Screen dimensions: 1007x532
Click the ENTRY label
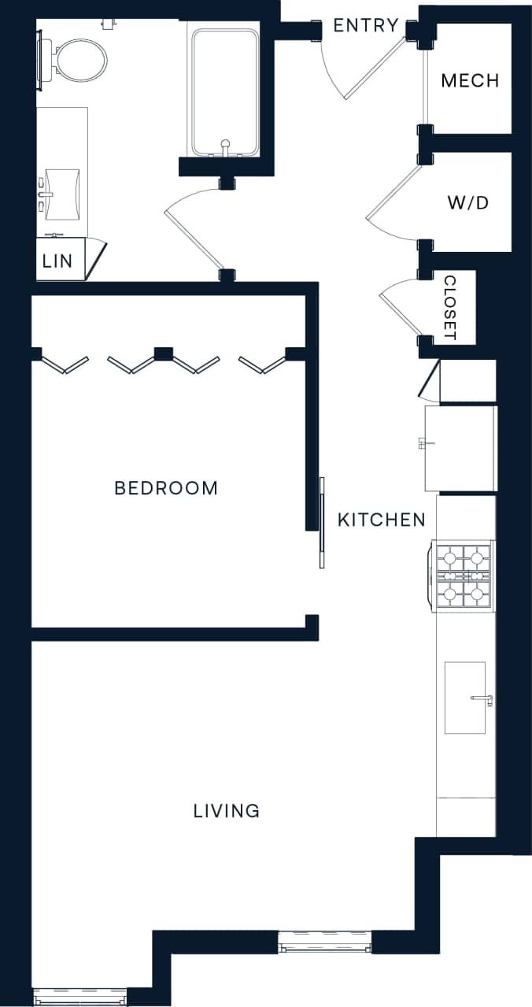tap(365, 25)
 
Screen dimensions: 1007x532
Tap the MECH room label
tap(470, 80)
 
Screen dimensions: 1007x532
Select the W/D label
tap(468, 202)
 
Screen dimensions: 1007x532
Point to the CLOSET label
tap(450, 307)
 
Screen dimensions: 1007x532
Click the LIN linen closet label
tap(57, 261)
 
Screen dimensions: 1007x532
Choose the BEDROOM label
tap(166, 488)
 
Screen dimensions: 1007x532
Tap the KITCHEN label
tap(382, 520)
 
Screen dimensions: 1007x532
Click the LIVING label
tap(227, 810)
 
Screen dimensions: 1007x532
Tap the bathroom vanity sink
tap(63, 193)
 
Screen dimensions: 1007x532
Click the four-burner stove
tap(464, 575)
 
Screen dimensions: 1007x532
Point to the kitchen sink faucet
tap(482, 698)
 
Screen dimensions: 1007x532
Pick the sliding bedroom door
tap(322, 522)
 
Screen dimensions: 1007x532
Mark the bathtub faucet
tap(225, 145)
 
